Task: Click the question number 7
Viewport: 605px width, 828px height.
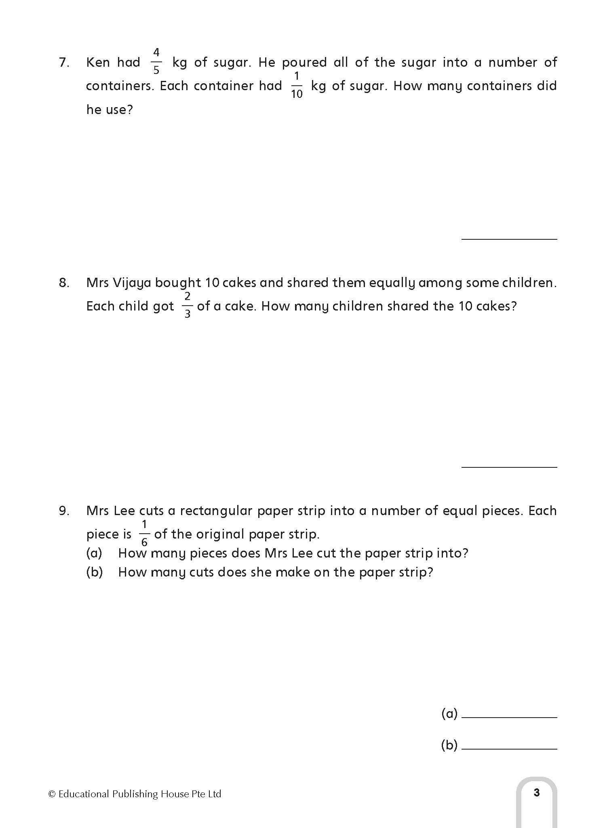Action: tap(64, 63)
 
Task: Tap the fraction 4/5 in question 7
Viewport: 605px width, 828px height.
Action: tap(156, 61)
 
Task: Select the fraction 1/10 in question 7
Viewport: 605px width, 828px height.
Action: tap(297, 85)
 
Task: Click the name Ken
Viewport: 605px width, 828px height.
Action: tap(98, 63)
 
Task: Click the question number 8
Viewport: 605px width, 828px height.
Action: tap(64, 283)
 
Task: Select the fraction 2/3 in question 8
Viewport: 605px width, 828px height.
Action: tap(188, 305)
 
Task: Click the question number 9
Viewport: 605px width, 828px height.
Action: tap(64, 511)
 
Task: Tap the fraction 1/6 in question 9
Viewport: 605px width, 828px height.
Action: tap(144, 534)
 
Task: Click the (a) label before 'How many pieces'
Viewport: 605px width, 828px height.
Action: tap(94, 553)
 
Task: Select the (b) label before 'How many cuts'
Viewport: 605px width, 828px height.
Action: tap(94, 572)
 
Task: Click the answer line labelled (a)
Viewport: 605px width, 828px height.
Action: tap(509, 717)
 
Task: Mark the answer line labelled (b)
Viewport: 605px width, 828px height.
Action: tap(509, 748)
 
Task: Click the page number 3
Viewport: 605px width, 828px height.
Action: tap(536, 792)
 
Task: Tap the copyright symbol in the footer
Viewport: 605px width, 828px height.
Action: tap(52, 794)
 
